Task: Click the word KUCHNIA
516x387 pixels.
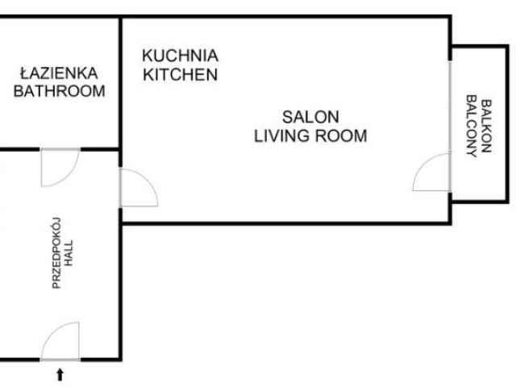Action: pos(180,56)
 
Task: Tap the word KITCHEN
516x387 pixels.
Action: pos(180,75)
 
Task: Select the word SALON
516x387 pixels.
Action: pos(310,117)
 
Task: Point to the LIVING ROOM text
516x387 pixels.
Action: pos(310,136)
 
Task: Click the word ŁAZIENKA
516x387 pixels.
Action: pos(59,73)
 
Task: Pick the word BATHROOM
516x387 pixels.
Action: pos(59,91)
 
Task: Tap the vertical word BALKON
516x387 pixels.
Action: pos(486,126)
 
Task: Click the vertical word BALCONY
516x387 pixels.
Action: pos(472,127)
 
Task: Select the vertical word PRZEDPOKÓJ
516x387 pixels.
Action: pos(56,253)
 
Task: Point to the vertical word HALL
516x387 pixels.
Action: pos(69,253)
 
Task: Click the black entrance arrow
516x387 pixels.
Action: pos(60,374)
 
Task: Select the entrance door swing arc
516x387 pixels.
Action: pos(52,332)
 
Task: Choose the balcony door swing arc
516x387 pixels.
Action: pos(424,164)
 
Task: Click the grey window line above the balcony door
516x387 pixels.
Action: pos(450,107)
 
